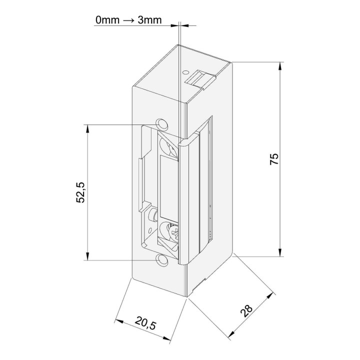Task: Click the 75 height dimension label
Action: click(x=274, y=159)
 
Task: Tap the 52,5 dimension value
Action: click(x=80, y=192)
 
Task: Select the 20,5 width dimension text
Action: click(x=145, y=322)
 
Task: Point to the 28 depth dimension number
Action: click(x=246, y=311)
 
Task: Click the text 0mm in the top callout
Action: click(x=107, y=20)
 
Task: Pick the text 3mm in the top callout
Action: click(x=149, y=20)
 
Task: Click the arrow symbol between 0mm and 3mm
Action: click(x=128, y=20)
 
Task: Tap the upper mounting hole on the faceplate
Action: click(x=162, y=124)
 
